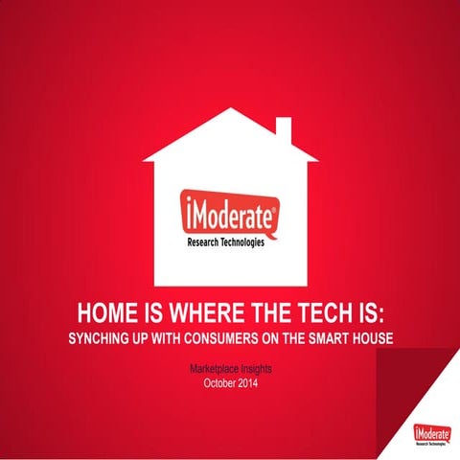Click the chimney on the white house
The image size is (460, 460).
[x=284, y=129]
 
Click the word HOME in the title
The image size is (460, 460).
[x=104, y=313]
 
